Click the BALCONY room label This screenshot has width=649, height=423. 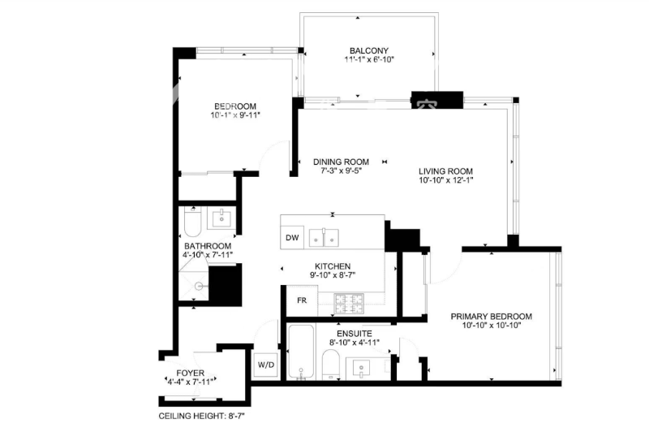(369, 50)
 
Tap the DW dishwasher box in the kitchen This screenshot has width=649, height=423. (292, 237)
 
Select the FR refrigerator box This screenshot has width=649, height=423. (302, 300)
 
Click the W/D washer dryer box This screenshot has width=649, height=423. (266, 365)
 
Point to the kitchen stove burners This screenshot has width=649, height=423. (349, 304)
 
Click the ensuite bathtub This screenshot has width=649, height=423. (302, 352)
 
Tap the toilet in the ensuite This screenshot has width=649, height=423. (331, 365)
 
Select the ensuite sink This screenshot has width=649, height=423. (361, 369)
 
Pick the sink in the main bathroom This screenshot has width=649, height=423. (222, 218)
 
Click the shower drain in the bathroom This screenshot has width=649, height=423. (199, 286)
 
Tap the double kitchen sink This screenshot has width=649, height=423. (324, 237)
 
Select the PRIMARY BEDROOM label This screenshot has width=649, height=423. (492, 316)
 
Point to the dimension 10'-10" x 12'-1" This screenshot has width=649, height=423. (445, 179)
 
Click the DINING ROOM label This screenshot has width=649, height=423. (341, 162)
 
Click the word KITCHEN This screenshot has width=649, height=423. (333, 266)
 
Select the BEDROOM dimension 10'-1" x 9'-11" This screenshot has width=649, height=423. (235, 114)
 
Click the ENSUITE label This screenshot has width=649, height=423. (355, 333)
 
